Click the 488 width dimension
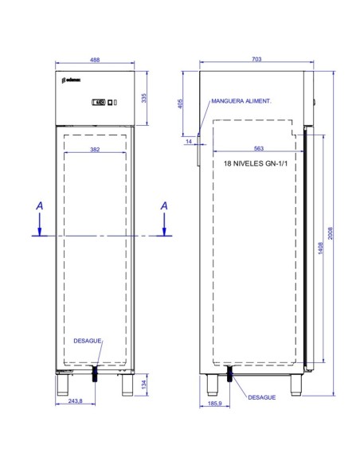94,60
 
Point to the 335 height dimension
144,98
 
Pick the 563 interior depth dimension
260,148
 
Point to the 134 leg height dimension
143,385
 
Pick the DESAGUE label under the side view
262,395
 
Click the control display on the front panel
99,102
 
